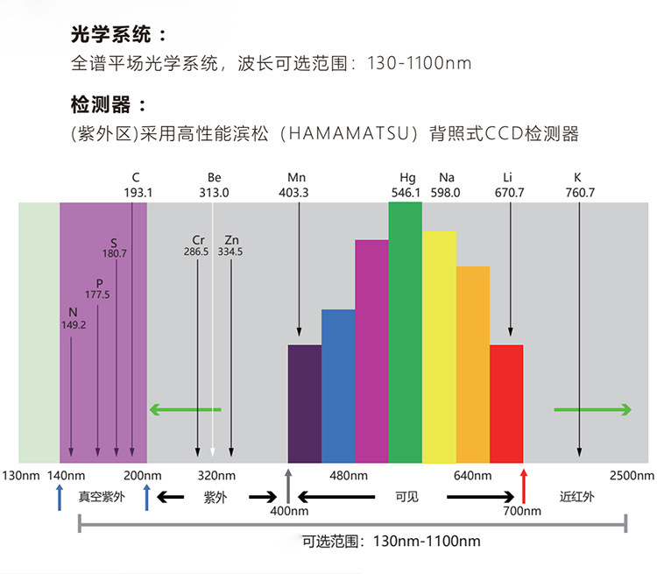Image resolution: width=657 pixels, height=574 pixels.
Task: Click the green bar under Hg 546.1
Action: [x=406, y=333]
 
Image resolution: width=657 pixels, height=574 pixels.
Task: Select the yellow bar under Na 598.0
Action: [x=439, y=346]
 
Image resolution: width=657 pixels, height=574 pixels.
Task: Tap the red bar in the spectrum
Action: [x=506, y=403]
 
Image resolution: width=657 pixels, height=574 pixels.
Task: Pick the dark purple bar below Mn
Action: [x=305, y=403]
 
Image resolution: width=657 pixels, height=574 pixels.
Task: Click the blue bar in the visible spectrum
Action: [x=338, y=386]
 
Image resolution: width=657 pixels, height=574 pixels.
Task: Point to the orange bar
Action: [x=473, y=364]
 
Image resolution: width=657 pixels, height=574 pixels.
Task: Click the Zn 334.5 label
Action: [x=230, y=245]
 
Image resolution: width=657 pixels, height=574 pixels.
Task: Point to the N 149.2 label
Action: [x=72, y=318]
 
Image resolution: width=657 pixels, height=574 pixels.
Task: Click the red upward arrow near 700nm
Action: [x=524, y=484]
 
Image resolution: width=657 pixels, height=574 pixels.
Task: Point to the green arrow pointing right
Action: [x=592, y=409]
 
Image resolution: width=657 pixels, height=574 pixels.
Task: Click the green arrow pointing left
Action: [x=185, y=409]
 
